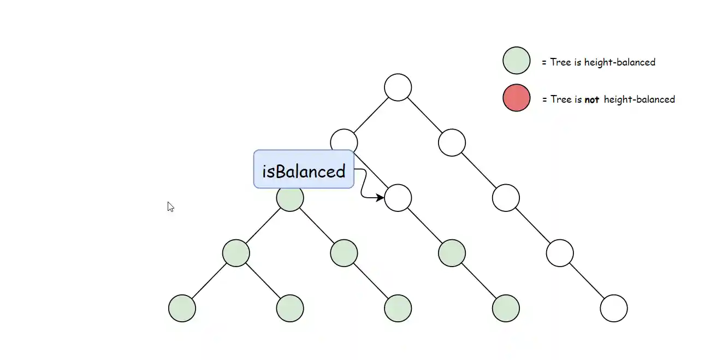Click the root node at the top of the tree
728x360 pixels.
(398, 87)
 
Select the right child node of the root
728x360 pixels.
(452, 143)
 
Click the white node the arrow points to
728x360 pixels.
(398, 198)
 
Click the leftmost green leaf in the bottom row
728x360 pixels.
(182, 308)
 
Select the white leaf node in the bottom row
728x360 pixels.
(614, 308)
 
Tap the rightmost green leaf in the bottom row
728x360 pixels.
(506, 308)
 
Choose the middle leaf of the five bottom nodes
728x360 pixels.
(398, 308)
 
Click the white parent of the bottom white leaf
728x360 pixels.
(560, 253)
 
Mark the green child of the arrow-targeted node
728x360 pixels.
(452, 253)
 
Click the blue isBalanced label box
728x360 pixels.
(304, 169)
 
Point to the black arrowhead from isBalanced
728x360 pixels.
(380, 197)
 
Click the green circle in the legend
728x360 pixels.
(516, 61)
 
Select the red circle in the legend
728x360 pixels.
(516, 98)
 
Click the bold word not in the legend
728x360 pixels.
(591, 99)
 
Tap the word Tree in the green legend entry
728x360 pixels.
(560, 62)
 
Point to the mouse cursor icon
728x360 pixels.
(170, 207)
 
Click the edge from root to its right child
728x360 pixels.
(425, 115)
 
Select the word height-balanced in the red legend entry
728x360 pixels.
(639, 99)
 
